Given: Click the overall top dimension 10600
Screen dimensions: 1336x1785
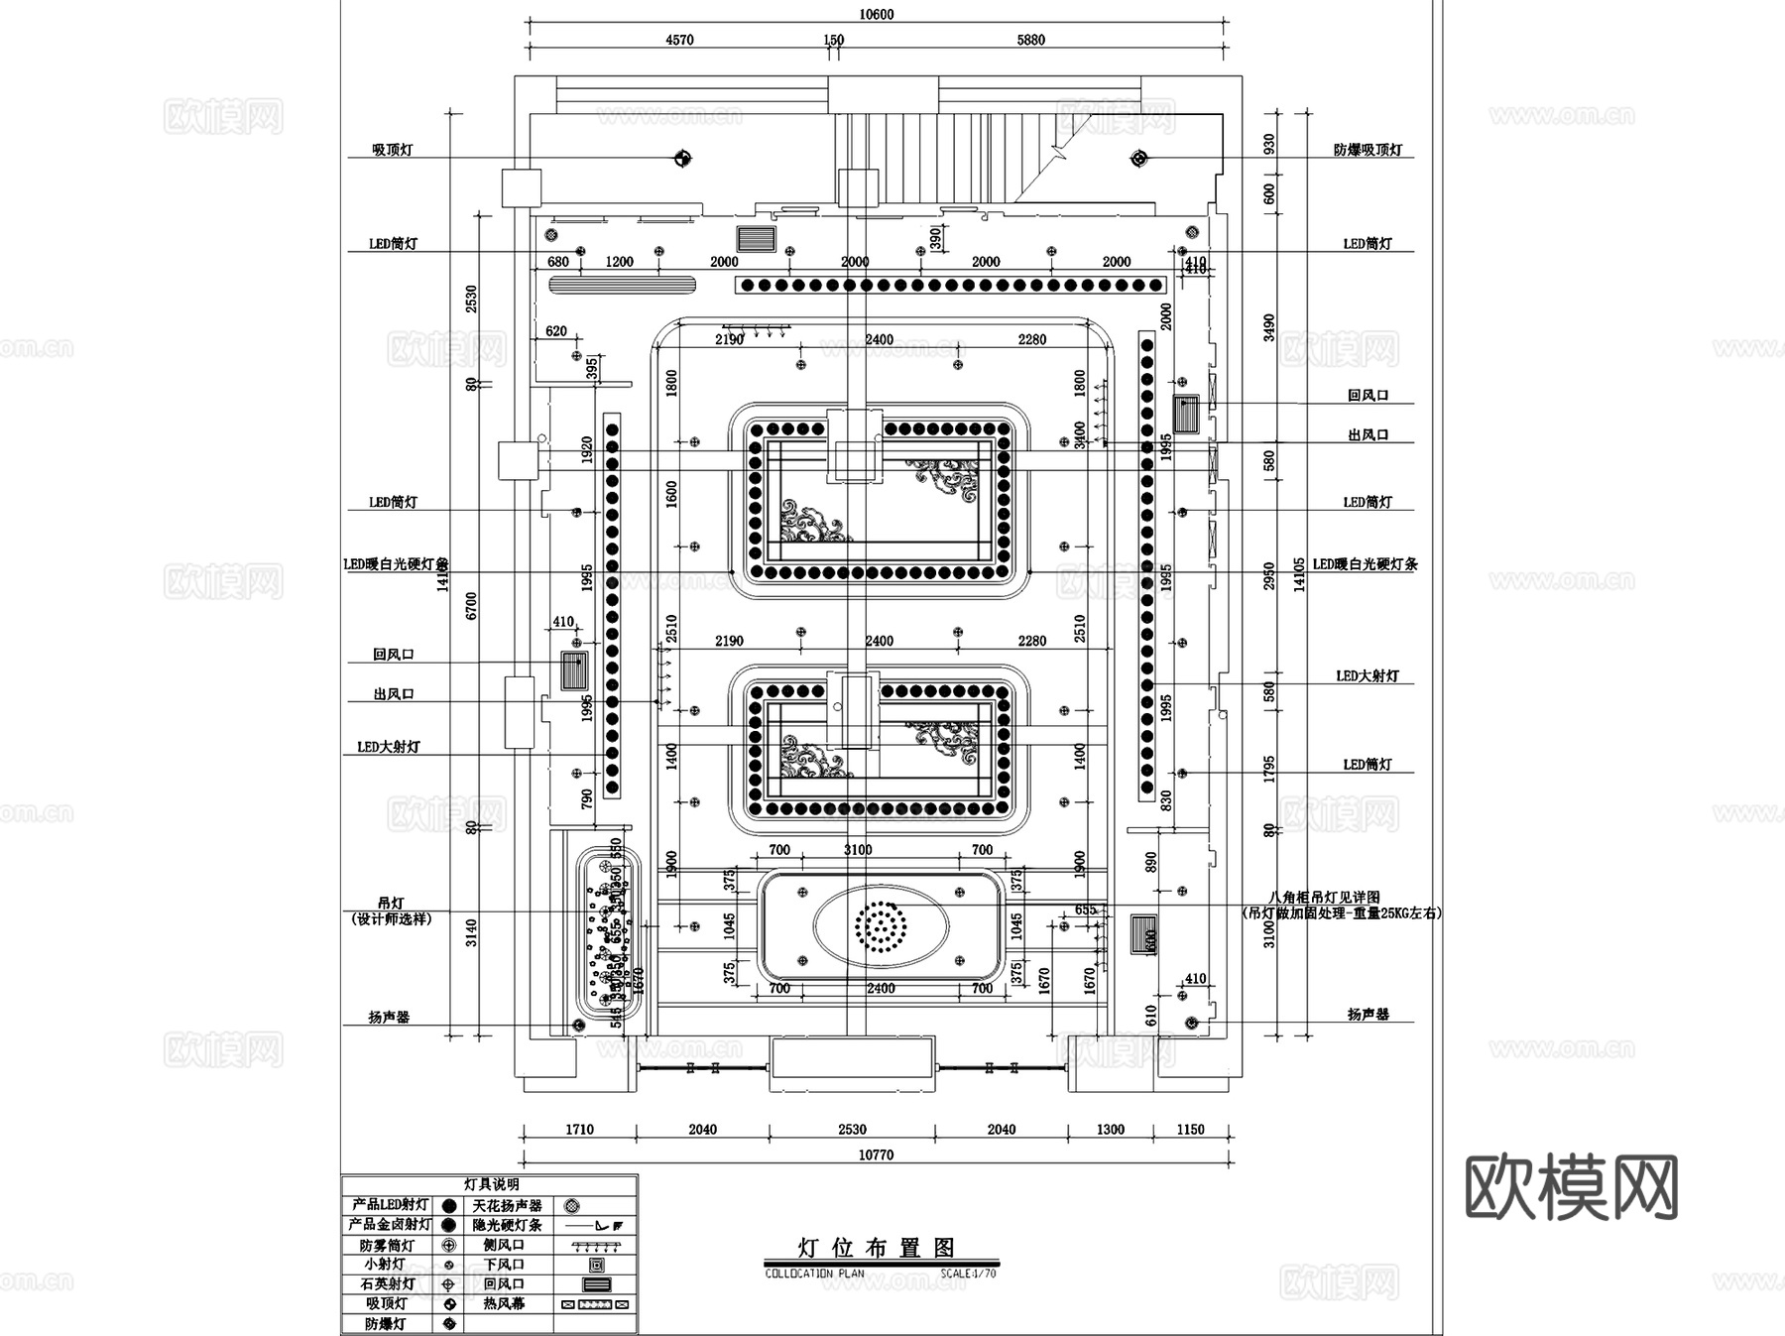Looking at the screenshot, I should pyautogui.click(x=876, y=14).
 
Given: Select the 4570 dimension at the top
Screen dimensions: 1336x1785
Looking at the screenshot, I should pyautogui.click(x=679, y=40).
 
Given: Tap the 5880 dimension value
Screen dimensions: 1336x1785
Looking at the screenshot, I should pyautogui.click(x=1030, y=40).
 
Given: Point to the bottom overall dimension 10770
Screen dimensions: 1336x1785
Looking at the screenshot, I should pyautogui.click(x=876, y=1154).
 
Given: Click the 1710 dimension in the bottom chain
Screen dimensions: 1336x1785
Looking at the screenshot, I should pyautogui.click(x=579, y=1129).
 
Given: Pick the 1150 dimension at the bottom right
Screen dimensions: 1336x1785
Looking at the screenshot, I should pyautogui.click(x=1190, y=1129).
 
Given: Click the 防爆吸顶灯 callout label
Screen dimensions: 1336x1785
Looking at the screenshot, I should pyautogui.click(x=1368, y=151).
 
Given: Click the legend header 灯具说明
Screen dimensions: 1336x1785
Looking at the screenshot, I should pyautogui.click(x=491, y=1184).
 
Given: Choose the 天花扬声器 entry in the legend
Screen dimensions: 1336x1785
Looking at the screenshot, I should pyautogui.click(x=507, y=1205).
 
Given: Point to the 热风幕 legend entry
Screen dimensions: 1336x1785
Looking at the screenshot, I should pyautogui.click(x=504, y=1304).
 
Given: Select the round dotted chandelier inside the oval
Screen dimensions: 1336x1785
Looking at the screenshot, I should pyautogui.click(x=880, y=926).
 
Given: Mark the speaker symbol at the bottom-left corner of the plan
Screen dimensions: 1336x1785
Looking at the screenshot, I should pyautogui.click(x=576, y=1025).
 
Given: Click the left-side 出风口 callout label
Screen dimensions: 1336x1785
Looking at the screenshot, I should pyautogui.click(x=393, y=694).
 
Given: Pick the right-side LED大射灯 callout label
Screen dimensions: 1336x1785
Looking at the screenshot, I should pyautogui.click(x=1367, y=675).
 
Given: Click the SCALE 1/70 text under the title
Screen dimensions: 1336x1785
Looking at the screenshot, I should pyautogui.click(x=968, y=1274).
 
